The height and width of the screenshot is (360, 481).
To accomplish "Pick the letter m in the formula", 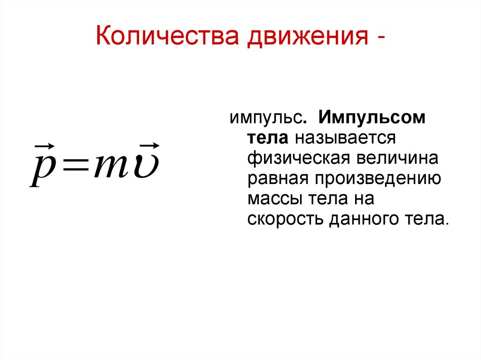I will [x=112, y=169].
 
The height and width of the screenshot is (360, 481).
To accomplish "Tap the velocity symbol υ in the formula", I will [x=146, y=168].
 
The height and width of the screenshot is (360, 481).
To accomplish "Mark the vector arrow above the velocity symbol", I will [x=150, y=146].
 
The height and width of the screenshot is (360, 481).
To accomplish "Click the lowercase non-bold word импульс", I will [x=265, y=118].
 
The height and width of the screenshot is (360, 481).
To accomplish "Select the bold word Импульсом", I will [x=372, y=118].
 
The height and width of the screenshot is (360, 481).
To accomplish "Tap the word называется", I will [x=344, y=138].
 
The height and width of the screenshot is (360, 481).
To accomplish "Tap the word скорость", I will [x=286, y=219].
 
